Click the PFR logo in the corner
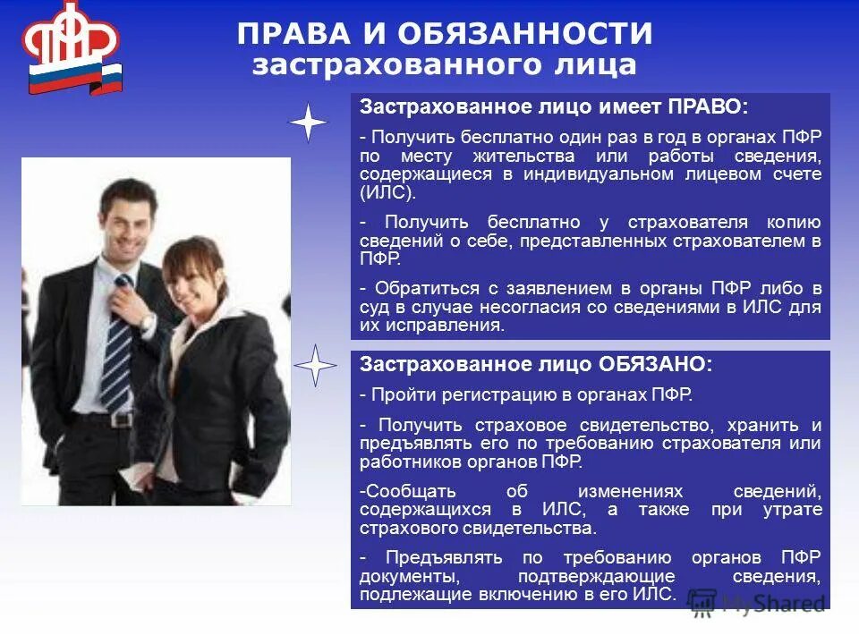(72, 49)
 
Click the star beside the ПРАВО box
(309, 123)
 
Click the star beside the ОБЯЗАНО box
(315, 366)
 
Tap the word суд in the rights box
(373, 307)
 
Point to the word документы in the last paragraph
(399, 575)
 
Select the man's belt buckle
(117, 419)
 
